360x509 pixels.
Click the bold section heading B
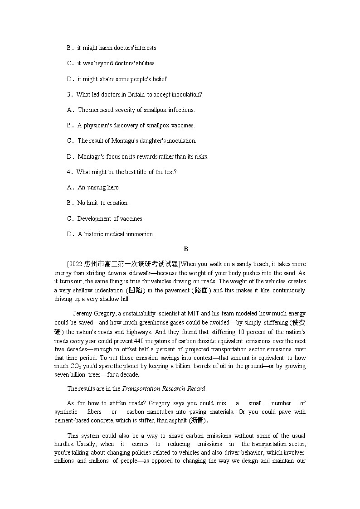[186, 249]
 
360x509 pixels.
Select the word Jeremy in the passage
[83, 314]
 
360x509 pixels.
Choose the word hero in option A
[112, 188]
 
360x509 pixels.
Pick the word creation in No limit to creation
[117, 203]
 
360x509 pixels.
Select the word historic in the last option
[96, 234]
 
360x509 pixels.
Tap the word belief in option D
[159, 79]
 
